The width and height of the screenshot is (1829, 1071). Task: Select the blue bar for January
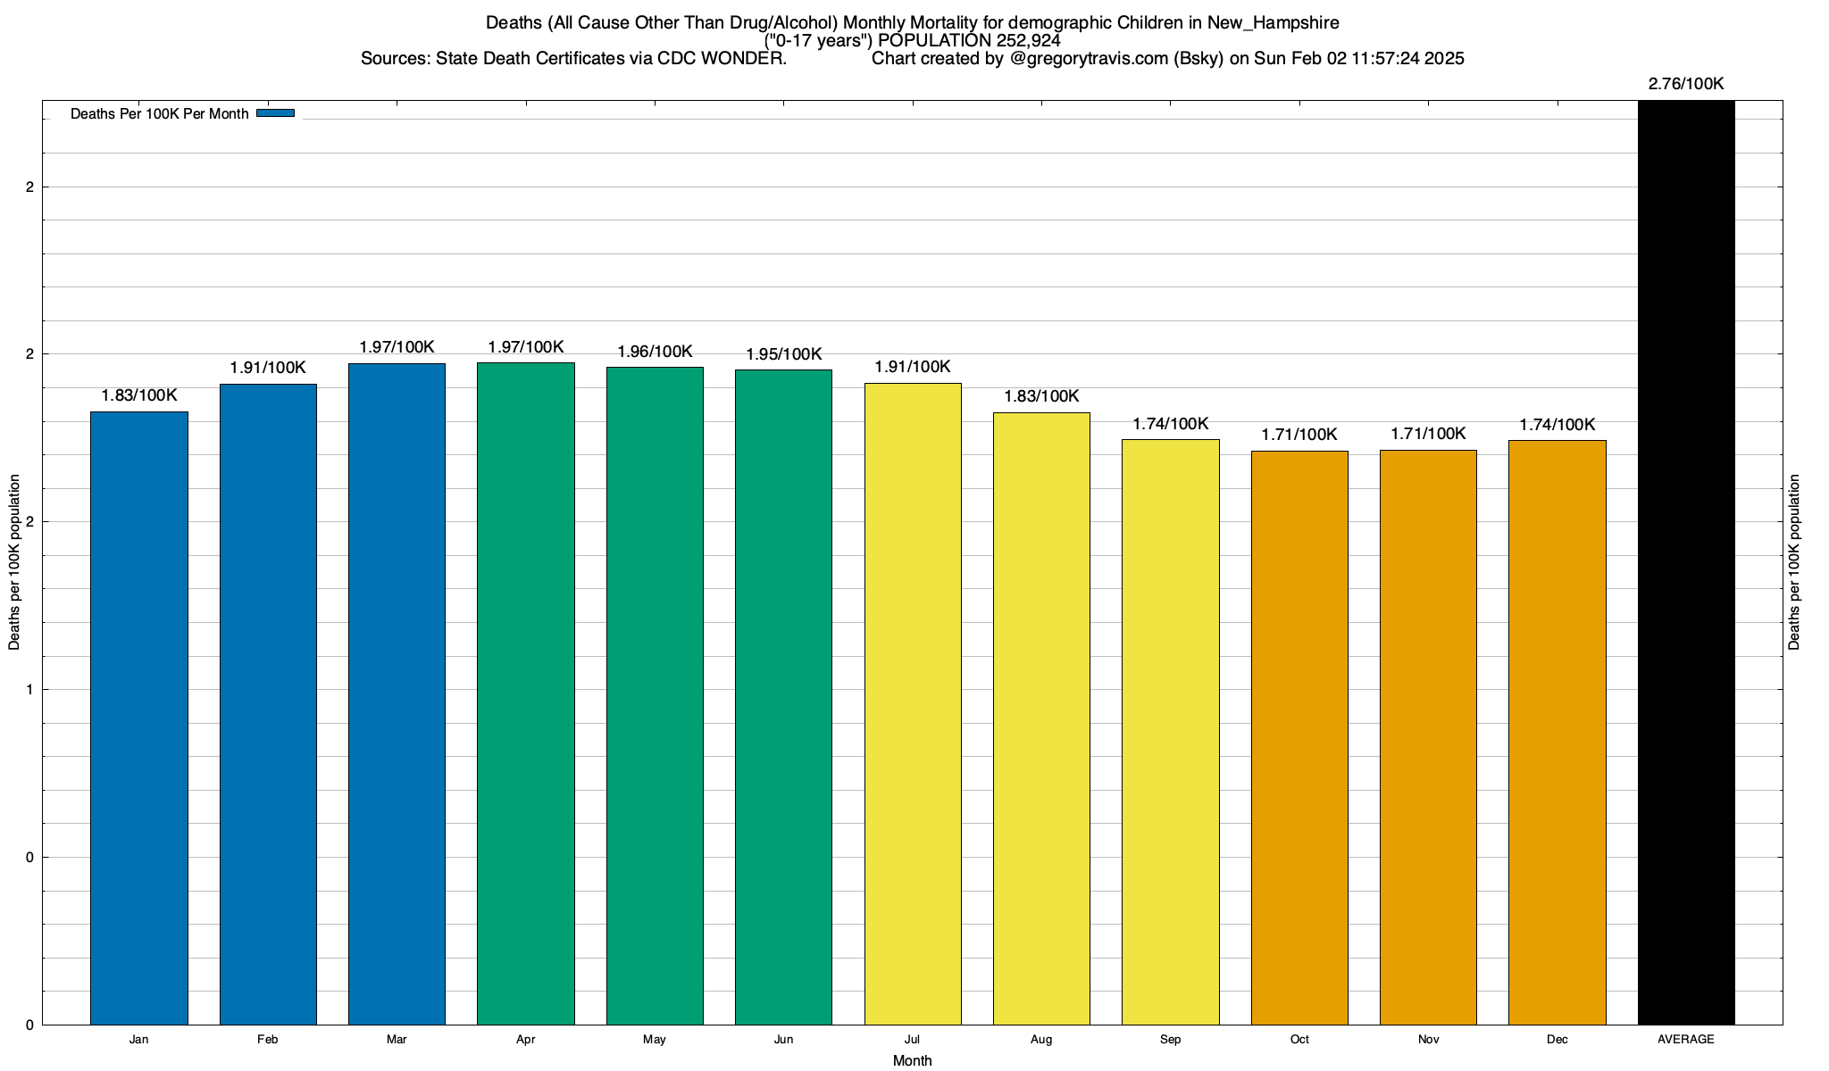coord(139,718)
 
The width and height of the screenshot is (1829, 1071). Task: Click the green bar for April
coord(526,693)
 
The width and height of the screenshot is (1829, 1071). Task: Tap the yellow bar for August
coord(1041,718)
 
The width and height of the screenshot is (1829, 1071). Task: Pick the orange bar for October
coord(1299,737)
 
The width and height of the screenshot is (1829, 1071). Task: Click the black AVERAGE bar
coord(1686,562)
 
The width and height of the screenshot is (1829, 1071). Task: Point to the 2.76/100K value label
coord(1686,84)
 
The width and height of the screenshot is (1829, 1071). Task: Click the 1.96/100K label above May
coord(655,352)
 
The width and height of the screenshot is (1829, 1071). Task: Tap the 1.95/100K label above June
coord(783,354)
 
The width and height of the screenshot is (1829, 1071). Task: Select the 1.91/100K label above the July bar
coord(913,367)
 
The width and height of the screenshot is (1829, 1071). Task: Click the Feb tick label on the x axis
coord(267,1040)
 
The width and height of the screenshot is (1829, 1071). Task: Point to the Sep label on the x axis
coord(1170,1040)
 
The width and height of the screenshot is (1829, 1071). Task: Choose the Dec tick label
coord(1558,1040)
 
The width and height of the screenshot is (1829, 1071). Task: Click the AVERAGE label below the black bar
coord(1686,1040)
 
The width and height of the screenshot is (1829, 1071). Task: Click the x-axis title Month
coord(912,1060)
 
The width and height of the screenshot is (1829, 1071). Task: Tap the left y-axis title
coord(14,562)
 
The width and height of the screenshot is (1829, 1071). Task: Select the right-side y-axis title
coord(1794,562)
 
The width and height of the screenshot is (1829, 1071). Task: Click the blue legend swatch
coord(275,113)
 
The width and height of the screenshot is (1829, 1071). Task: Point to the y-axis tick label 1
coord(29,690)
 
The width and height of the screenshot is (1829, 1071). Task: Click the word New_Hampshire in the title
coord(1274,22)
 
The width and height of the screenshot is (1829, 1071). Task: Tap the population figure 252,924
coord(1028,40)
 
